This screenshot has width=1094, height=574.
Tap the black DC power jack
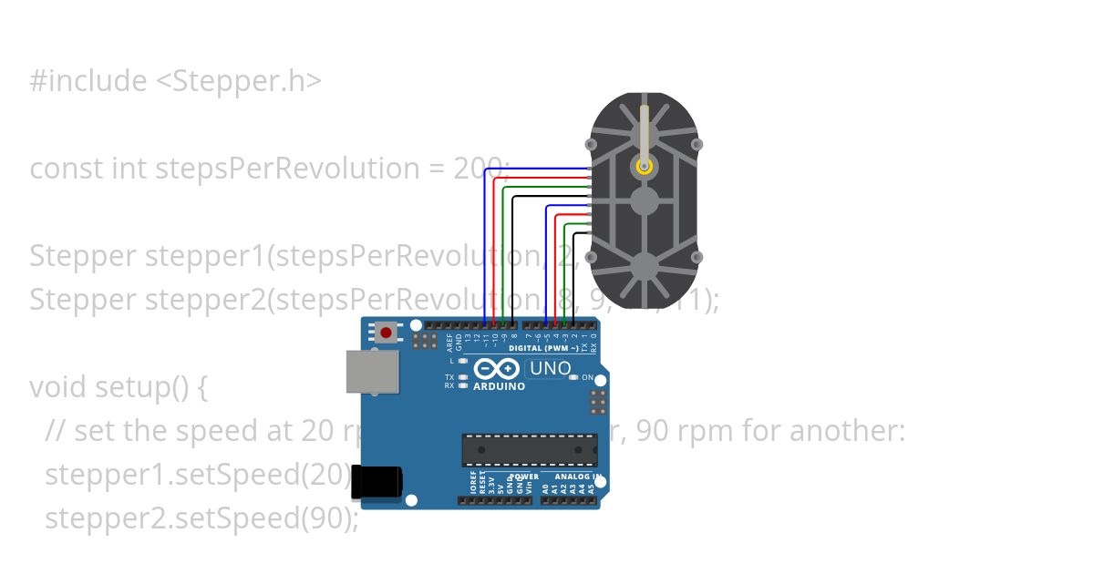point(377,481)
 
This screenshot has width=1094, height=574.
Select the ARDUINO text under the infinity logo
point(499,386)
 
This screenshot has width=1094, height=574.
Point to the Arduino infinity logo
point(498,369)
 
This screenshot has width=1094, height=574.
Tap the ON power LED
point(573,377)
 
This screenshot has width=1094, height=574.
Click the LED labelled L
point(464,362)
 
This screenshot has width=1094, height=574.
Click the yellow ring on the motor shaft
point(645,166)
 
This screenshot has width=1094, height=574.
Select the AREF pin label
point(449,342)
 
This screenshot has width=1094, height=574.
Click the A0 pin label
point(545,488)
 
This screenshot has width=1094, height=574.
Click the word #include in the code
point(88,81)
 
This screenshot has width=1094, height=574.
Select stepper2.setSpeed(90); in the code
point(201,518)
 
